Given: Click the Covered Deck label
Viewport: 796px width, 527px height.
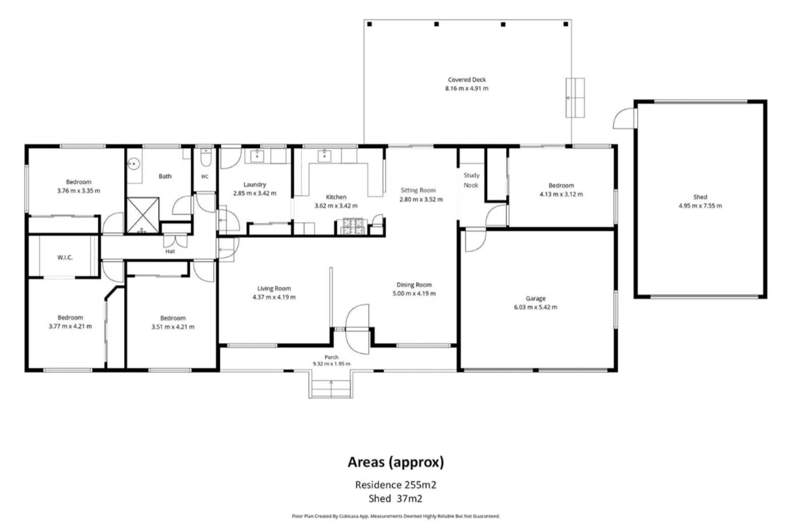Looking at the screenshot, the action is [x=467, y=80].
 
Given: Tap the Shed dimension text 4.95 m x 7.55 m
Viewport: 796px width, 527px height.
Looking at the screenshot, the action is [x=700, y=206].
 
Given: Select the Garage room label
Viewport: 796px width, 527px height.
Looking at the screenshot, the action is [x=535, y=299].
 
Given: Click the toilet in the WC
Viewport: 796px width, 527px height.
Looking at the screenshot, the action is [x=206, y=157].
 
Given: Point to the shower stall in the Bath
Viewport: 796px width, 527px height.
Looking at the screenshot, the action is [x=143, y=215].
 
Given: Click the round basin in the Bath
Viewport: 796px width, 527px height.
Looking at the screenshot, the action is [x=134, y=164].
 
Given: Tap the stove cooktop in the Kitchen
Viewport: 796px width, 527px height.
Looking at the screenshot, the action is [x=353, y=226].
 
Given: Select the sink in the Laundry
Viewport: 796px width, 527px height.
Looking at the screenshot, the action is [x=257, y=155].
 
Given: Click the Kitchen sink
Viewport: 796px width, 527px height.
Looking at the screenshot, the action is [x=324, y=155].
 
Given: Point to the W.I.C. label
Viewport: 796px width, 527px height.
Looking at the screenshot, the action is [x=65, y=257].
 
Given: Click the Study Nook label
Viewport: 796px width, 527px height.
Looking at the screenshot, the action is [x=471, y=180].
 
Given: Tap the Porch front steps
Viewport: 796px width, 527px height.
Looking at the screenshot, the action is [x=331, y=389].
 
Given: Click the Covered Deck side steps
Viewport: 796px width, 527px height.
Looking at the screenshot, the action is [x=575, y=98].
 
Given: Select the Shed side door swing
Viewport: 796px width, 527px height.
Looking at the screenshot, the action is [x=625, y=118].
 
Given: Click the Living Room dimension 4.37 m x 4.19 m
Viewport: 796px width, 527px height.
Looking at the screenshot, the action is [x=274, y=297].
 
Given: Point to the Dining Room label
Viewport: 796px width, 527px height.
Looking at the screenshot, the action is [x=414, y=284].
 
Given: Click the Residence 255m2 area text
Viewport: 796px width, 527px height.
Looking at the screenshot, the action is [x=396, y=485].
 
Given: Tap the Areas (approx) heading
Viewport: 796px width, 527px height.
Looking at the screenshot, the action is [x=396, y=462].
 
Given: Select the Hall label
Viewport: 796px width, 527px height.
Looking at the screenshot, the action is [x=170, y=251].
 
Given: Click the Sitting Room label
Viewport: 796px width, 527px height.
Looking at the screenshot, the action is [x=418, y=190].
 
